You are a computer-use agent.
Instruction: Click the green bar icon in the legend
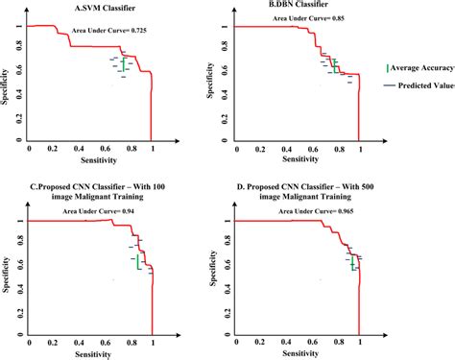[x=388, y=68]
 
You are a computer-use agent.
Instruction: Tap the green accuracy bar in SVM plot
[x=123, y=64]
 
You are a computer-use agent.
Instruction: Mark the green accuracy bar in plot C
[x=138, y=261]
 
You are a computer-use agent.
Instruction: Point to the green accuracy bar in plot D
[x=351, y=262]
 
